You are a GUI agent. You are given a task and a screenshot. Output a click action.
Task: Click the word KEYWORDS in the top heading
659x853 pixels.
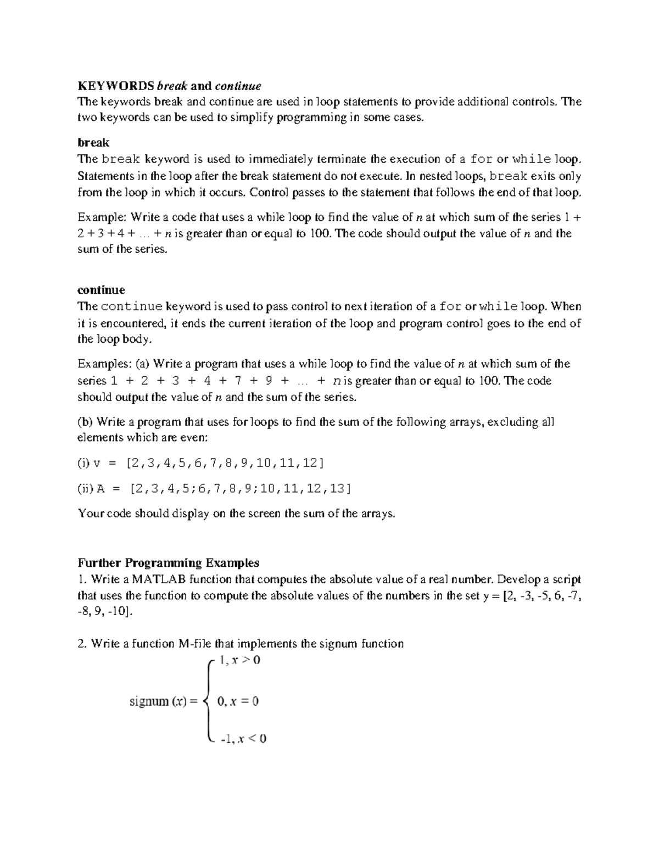coord(116,86)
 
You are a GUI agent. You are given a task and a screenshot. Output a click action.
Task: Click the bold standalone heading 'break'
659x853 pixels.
coord(93,143)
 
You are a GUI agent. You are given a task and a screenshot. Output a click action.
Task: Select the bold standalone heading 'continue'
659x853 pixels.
coord(101,290)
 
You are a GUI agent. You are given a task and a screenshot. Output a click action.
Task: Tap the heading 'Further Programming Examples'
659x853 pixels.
coord(168,563)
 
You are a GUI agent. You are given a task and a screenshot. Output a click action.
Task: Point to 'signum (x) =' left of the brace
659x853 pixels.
coord(163,701)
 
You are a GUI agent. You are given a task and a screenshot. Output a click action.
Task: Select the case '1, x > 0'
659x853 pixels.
coord(239,661)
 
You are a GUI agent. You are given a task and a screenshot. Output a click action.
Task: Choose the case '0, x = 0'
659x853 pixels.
coord(238,701)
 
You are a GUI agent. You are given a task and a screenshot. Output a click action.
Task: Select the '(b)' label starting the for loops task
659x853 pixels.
coord(86,422)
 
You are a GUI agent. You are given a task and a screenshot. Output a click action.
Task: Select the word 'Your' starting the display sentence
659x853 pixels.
coord(89,514)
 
